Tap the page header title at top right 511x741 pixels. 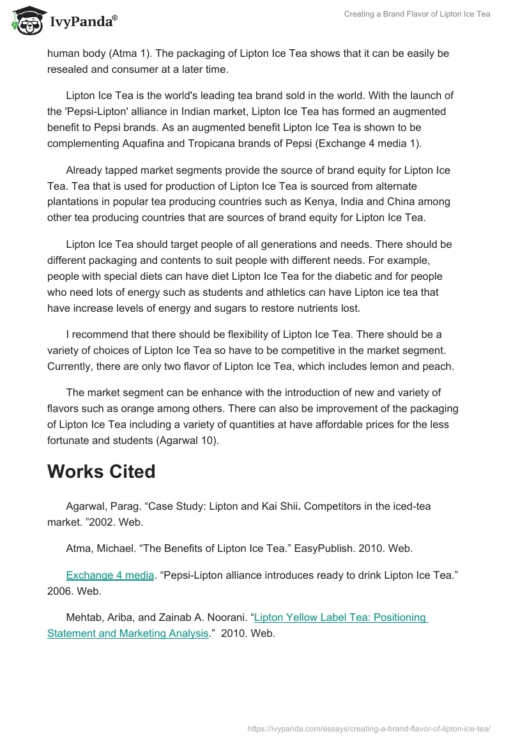tap(417, 14)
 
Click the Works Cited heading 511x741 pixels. tap(101, 471)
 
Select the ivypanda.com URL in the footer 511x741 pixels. tap(369, 728)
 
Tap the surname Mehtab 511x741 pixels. tap(85, 617)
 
